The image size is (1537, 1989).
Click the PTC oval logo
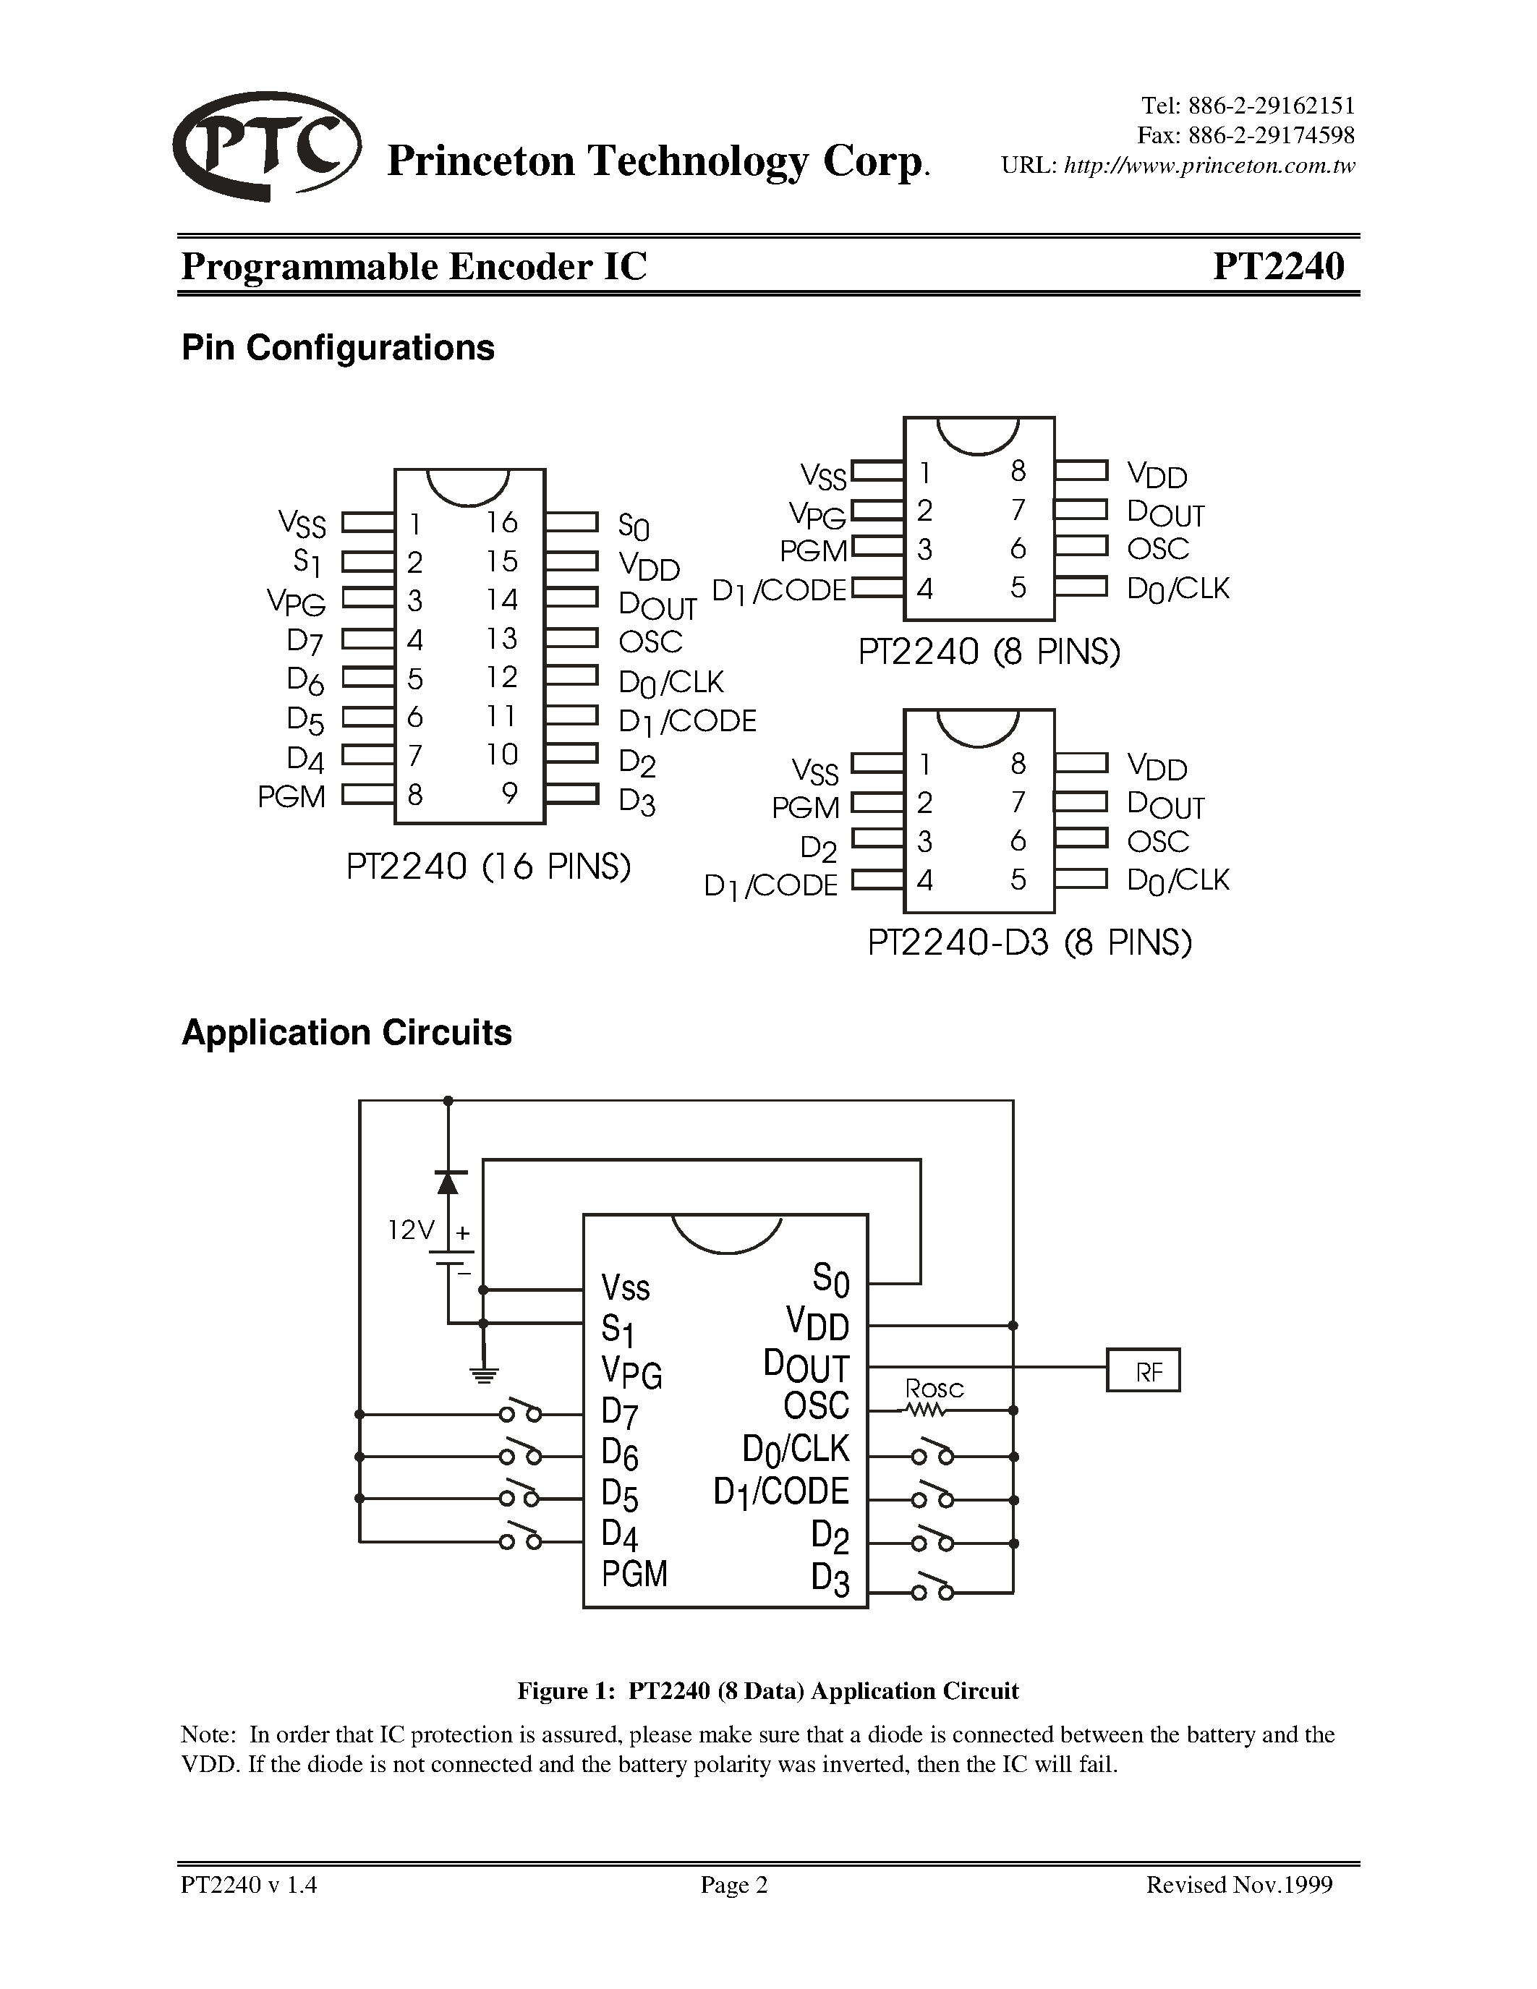tap(267, 145)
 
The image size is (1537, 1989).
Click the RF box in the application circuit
tap(1143, 1371)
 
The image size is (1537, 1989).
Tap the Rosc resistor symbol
tap(926, 1410)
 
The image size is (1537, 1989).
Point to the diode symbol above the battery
tap(447, 1182)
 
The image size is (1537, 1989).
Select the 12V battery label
tap(412, 1231)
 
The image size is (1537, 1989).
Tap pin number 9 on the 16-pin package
tap(510, 793)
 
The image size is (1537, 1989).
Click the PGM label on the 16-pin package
tap(291, 797)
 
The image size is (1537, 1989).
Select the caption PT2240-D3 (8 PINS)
tap(1029, 942)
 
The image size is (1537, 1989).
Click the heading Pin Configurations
tap(338, 348)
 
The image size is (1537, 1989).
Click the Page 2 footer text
tap(734, 1884)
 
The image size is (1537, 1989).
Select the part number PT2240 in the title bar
tap(1277, 266)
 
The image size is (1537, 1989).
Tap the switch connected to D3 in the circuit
tap(933, 1589)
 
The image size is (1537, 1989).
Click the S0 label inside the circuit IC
tap(830, 1279)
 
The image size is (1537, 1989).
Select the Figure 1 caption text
tap(767, 1691)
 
